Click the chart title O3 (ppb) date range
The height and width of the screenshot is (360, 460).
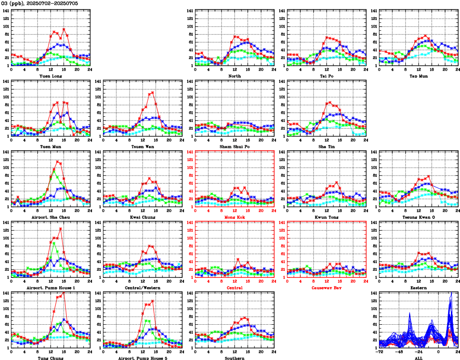(x=40, y=3)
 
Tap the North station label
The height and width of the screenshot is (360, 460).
(x=235, y=76)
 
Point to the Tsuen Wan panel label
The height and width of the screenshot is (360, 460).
(x=143, y=146)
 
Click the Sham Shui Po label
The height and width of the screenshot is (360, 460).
(x=235, y=146)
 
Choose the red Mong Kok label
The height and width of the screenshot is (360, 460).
(x=235, y=217)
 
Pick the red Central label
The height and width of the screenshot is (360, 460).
(x=235, y=288)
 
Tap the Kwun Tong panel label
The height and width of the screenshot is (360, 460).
(x=327, y=217)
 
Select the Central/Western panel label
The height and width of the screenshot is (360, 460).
(x=143, y=288)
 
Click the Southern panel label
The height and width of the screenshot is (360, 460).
(x=235, y=358)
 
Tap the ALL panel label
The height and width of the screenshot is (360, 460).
(x=419, y=358)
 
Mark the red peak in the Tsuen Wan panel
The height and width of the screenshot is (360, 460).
(x=152, y=93)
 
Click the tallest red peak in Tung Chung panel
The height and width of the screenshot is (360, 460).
(x=64, y=293)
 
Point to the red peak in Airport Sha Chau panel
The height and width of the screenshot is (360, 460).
(x=57, y=162)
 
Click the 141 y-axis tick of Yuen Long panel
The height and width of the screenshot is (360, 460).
(x=6, y=10)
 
